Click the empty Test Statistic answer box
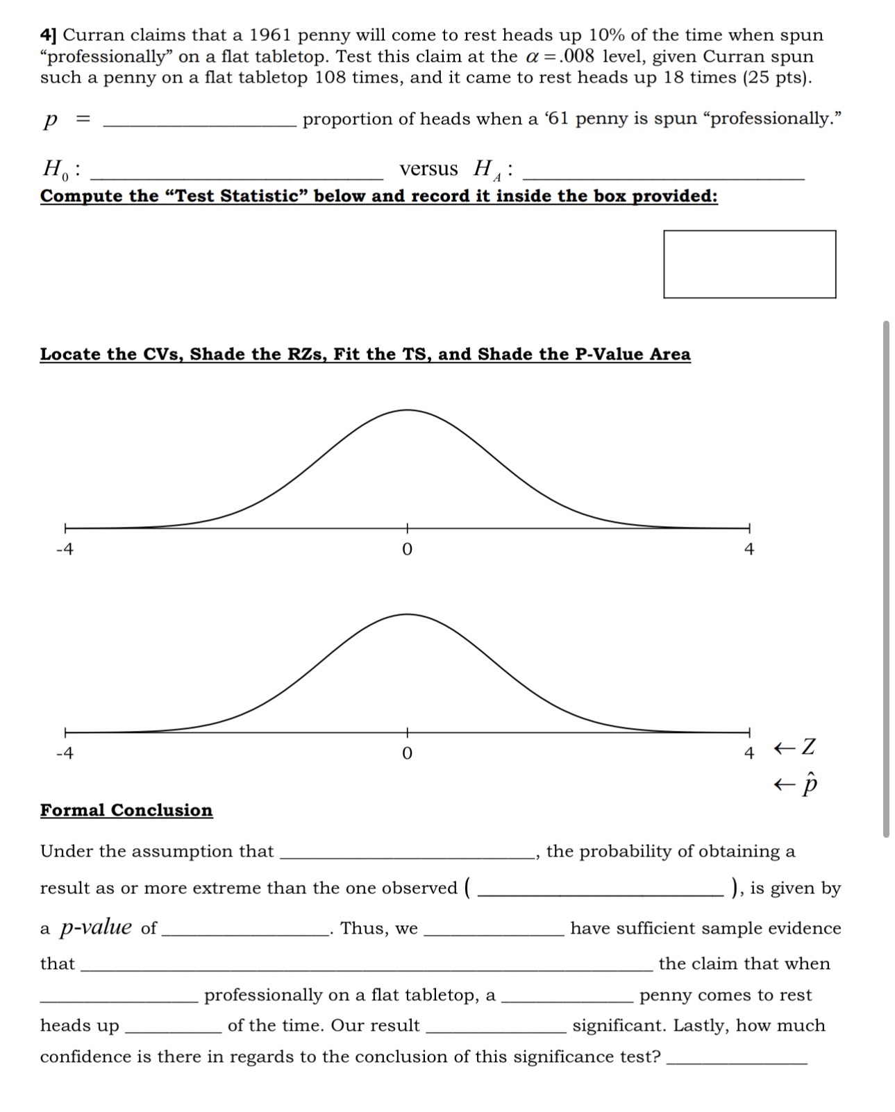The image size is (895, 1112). click(x=749, y=264)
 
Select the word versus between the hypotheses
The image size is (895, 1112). click(x=428, y=169)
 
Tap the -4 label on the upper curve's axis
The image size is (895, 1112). click(x=64, y=549)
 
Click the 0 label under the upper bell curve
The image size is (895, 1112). click(x=407, y=549)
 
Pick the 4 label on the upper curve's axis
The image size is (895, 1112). click(x=748, y=549)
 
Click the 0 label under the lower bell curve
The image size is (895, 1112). click(x=407, y=753)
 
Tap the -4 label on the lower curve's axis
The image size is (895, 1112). click(x=64, y=753)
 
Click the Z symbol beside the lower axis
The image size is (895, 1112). click(x=808, y=748)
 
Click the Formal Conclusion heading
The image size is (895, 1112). click(x=126, y=810)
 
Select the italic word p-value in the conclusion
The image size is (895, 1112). click(x=96, y=927)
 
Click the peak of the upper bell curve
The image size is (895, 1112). click(x=407, y=410)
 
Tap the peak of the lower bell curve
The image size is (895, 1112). click(x=407, y=614)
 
